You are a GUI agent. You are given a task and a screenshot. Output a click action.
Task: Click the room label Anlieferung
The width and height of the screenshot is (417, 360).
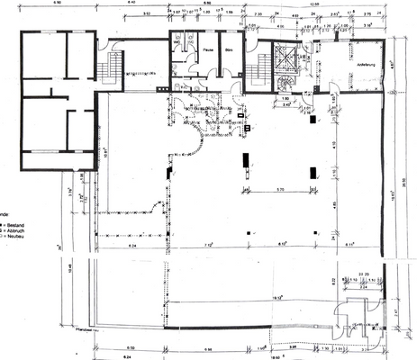(354, 65)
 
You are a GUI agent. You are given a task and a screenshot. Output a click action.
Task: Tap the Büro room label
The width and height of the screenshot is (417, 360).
(230, 50)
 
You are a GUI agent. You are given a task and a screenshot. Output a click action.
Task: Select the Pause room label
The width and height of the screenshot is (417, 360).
(208, 50)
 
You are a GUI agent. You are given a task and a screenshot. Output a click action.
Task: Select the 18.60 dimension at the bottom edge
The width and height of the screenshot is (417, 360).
(286, 355)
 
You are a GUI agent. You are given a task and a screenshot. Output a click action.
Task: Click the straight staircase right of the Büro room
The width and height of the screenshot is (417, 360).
(263, 66)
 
